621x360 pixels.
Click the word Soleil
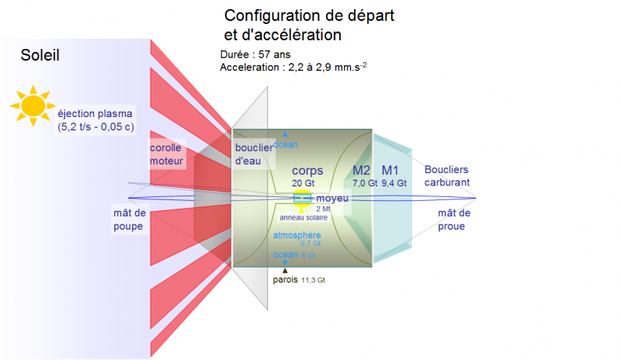click(40, 55)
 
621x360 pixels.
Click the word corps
click(307, 171)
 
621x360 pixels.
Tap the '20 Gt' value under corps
click(302, 183)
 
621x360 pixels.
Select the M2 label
click(362, 171)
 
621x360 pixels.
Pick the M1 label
click(390, 171)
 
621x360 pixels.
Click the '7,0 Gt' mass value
click(364, 183)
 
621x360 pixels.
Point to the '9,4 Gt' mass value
click(394, 183)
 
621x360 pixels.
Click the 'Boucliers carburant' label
click(446, 175)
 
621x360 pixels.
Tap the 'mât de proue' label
click(454, 220)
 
